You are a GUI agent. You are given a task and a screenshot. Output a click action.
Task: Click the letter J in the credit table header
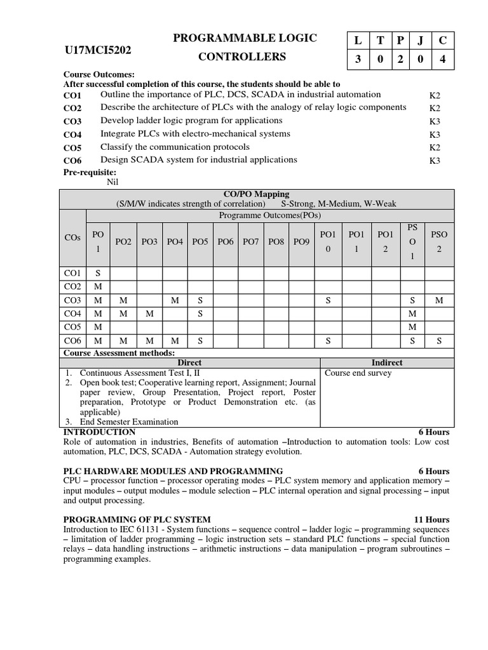point(421,40)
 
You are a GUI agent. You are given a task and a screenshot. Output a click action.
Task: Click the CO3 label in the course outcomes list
point(73,121)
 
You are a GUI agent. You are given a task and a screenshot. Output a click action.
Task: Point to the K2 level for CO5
point(435,147)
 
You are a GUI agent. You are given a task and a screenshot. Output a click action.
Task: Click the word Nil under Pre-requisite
point(113,182)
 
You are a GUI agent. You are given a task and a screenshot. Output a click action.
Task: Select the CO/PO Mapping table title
point(257,194)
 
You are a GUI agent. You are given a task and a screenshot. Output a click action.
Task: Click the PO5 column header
point(201,242)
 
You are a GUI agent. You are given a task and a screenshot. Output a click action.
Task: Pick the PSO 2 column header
point(439,242)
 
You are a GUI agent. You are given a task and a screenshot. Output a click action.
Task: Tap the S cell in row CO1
point(98,274)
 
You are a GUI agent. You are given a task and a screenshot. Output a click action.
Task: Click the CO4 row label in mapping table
point(72,314)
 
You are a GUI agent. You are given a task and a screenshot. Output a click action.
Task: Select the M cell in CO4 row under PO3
point(149,314)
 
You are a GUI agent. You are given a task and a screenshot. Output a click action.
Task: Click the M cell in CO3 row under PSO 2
point(439,300)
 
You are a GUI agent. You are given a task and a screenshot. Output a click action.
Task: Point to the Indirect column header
point(387,362)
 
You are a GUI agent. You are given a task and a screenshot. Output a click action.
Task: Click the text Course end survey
point(358,373)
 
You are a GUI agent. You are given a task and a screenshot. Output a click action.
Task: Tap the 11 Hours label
point(431,519)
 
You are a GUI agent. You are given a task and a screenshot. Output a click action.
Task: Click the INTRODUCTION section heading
point(99,432)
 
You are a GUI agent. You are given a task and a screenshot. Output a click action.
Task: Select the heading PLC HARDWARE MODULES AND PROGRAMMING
point(173,471)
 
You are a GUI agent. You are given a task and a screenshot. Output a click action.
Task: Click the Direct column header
point(189,362)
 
